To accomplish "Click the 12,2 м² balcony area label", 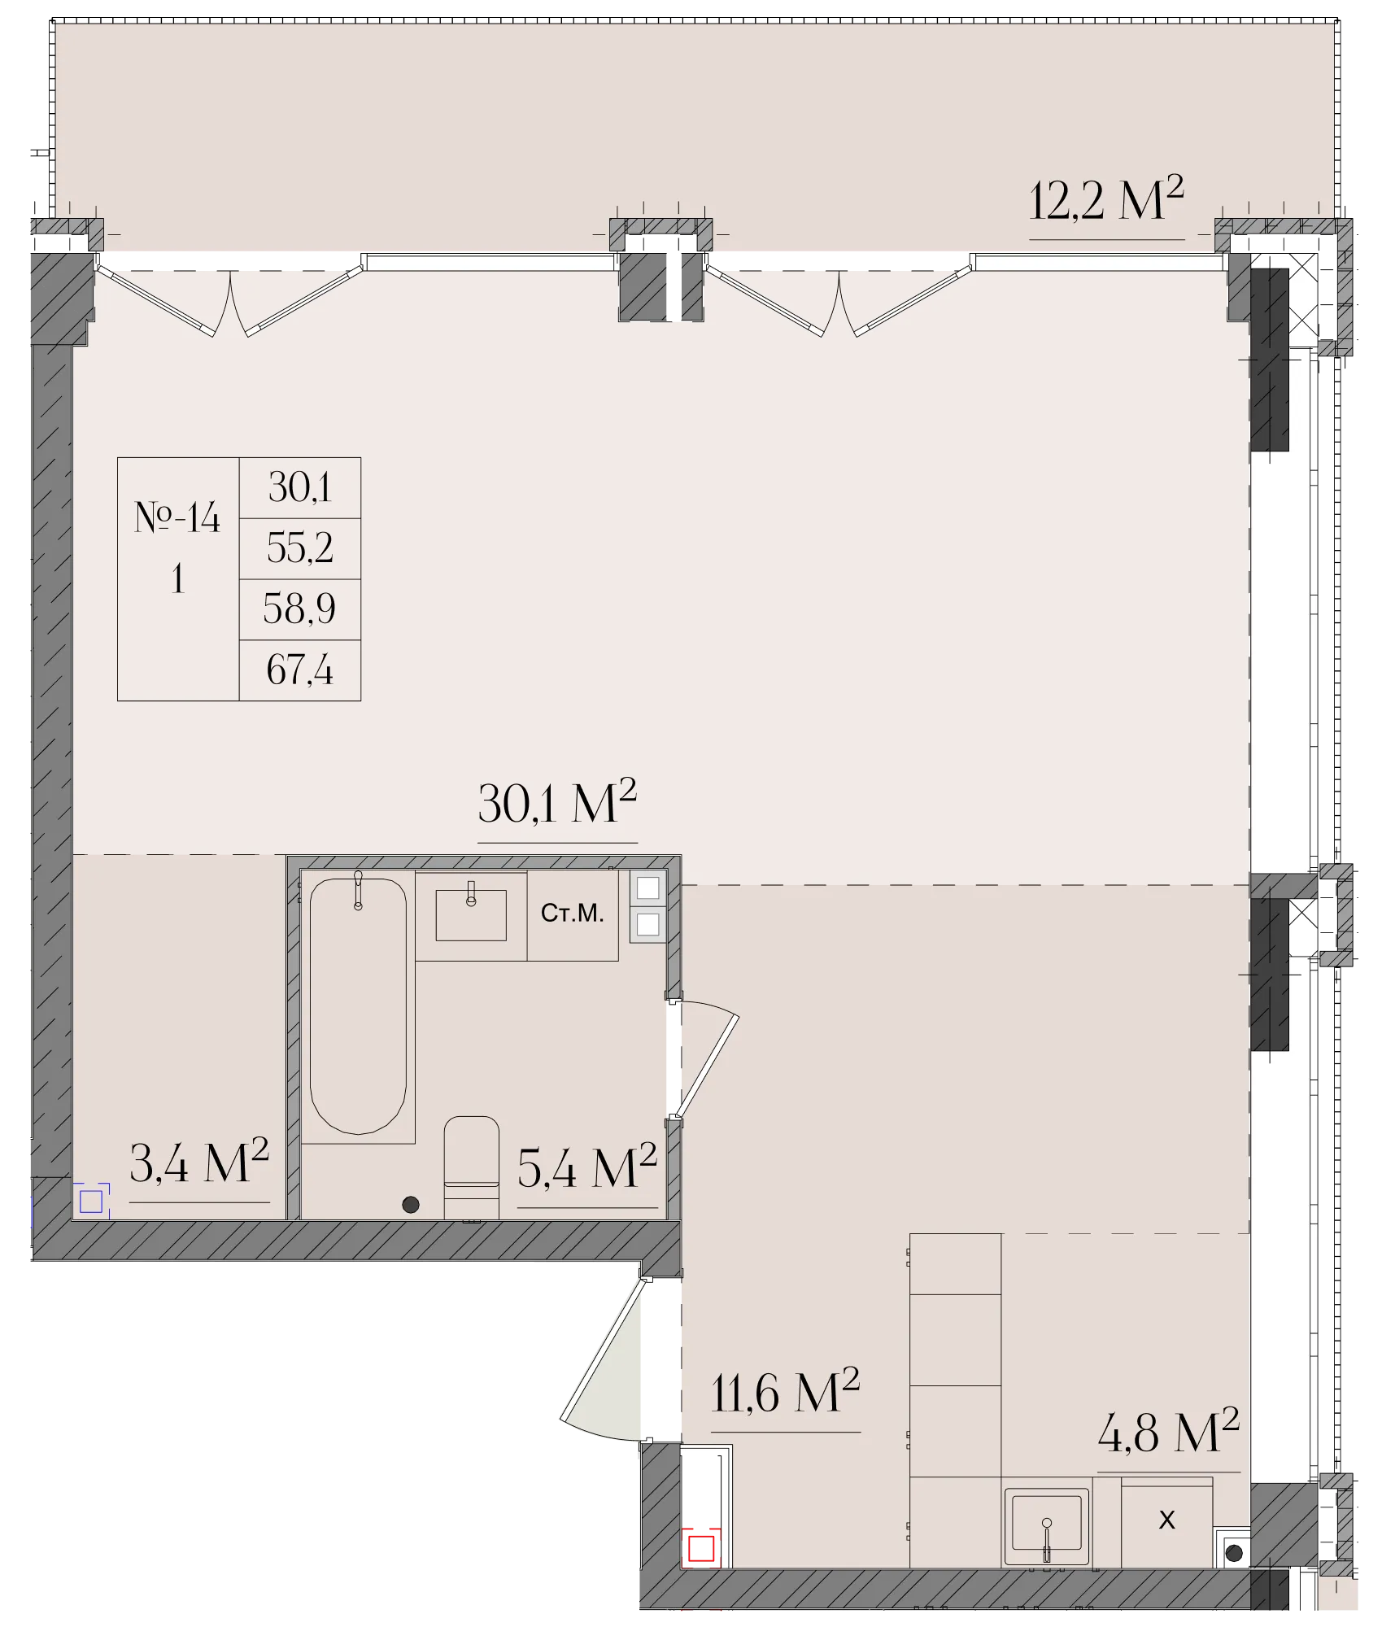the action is [1106, 200].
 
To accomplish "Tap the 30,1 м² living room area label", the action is [557, 802].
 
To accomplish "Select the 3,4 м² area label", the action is [199, 1162].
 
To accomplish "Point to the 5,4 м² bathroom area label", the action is [587, 1167].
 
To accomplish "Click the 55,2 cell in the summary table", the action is [300, 548].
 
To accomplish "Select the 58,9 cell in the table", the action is [299, 609].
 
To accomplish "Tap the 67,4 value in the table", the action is [300, 670].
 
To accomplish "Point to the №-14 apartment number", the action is [177, 517].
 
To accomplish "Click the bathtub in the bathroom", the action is [358, 1005].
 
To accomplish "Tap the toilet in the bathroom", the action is [472, 1167].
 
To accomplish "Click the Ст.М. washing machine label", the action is [573, 914].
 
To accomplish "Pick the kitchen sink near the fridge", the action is [1047, 1527].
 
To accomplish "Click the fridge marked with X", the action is [1167, 1522].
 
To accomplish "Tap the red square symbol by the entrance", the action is [701, 1548].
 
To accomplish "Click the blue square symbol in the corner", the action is [91, 1201].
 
